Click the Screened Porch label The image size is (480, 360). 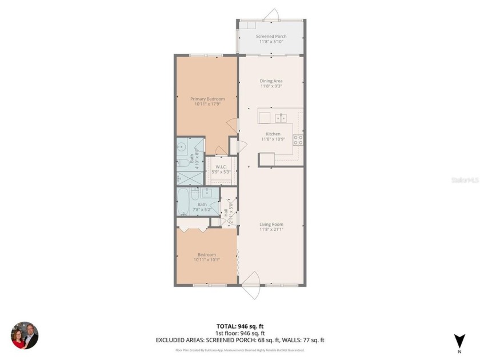(271, 37)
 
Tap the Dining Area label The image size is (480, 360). (271, 81)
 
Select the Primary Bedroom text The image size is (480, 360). (207, 99)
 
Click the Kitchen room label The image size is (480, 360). (271, 134)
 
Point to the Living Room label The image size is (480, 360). (271, 225)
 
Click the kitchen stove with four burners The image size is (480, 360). (298, 139)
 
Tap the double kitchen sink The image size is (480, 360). (281, 118)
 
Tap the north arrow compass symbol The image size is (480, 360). (458, 341)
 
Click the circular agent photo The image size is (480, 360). (25, 335)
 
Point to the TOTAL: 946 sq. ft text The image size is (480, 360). (240, 326)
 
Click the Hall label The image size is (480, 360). (226, 211)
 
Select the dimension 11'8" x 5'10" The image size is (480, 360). (271, 42)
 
